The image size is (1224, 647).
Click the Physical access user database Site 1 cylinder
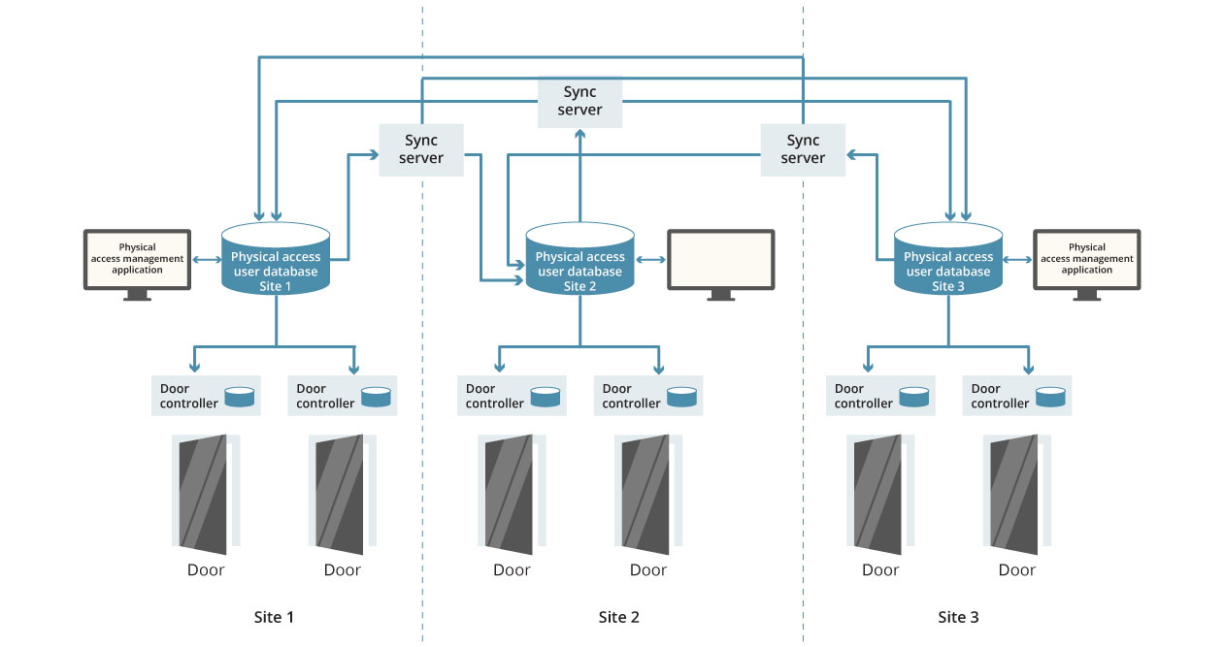click(x=276, y=258)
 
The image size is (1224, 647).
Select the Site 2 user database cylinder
click(x=579, y=258)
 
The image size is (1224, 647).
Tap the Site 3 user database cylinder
click(x=948, y=258)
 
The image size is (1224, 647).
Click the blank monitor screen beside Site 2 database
click(x=721, y=259)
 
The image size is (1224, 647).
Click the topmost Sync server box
click(x=579, y=102)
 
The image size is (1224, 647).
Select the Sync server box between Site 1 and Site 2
click(x=421, y=149)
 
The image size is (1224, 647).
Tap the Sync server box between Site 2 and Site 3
click(x=803, y=149)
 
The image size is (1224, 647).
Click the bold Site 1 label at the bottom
click(x=274, y=617)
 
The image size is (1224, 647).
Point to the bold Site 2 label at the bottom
click(x=618, y=617)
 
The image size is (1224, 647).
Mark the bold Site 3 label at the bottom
click(x=958, y=617)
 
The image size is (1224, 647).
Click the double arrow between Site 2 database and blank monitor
click(x=650, y=260)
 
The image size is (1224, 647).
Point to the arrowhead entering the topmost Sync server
click(x=579, y=134)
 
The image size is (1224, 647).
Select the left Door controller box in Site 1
click(x=206, y=396)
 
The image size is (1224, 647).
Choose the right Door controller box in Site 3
click(x=1017, y=396)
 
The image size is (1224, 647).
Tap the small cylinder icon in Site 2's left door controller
click(x=546, y=397)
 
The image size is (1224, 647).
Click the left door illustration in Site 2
click(x=512, y=494)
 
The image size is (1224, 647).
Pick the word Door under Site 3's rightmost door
click(x=1017, y=570)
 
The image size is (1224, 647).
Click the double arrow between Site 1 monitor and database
click(x=207, y=260)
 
